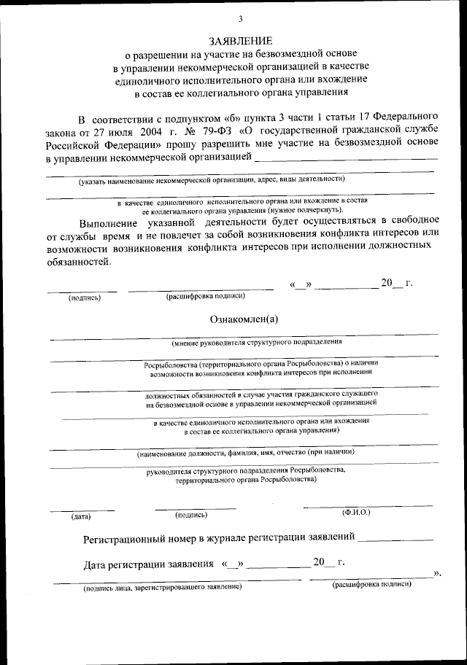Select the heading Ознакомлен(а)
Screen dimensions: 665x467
[244, 319]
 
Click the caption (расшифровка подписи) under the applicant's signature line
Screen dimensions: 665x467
[205, 296]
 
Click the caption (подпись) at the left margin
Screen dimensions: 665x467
[84, 297]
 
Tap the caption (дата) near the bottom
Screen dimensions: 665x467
[80, 516]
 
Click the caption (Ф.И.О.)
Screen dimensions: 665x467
[356, 513]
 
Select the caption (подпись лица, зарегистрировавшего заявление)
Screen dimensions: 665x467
[162, 586]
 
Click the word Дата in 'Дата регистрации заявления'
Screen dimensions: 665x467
[97, 564]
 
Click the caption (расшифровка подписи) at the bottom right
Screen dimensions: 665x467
[371, 584]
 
